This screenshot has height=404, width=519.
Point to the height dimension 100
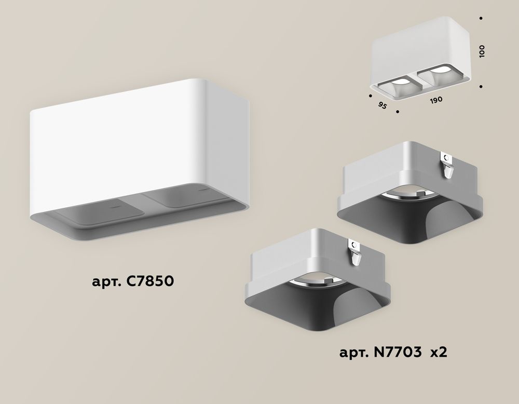click(482, 51)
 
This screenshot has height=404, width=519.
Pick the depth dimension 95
click(383, 105)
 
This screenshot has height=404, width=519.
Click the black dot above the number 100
click(482, 19)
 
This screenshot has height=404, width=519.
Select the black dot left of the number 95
click(371, 96)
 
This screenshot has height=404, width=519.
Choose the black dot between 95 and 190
click(398, 111)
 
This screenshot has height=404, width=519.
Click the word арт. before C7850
click(105, 283)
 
